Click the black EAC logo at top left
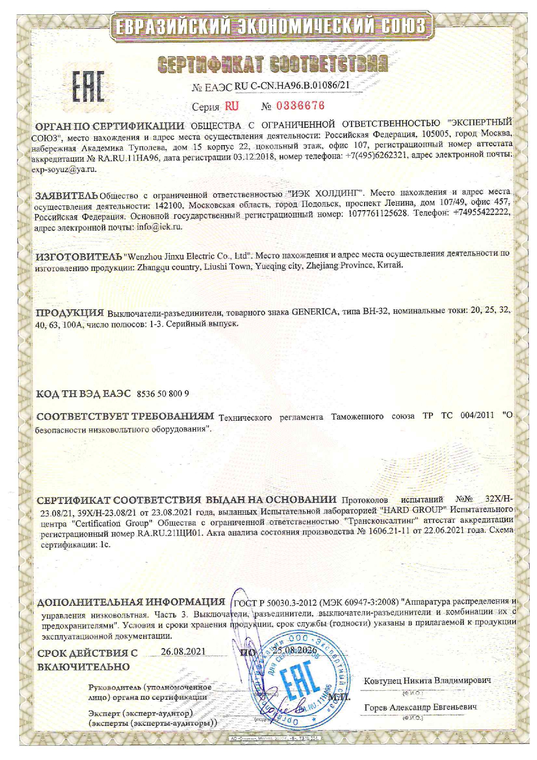pyautogui.click(x=88, y=86)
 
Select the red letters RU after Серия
pyautogui.click(x=231, y=106)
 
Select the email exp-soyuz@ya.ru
pyautogui.click(x=64, y=169)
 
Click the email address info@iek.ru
pyautogui.click(x=159, y=227)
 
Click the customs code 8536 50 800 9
pyautogui.click(x=162, y=393)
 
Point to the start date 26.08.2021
pyautogui.click(x=183, y=651)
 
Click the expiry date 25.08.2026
pyautogui.click(x=295, y=650)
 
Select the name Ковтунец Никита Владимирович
pyautogui.click(x=427, y=680)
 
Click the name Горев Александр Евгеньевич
pyautogui.click(x=420, y=707)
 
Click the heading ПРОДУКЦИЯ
pyautogui.click(x=70, y=312)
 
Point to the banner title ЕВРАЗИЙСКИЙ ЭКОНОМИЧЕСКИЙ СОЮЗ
pyautogui.click(x=272, y=26)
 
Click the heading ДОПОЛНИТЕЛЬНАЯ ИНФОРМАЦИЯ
pyautogui.click(x=131, y=602)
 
